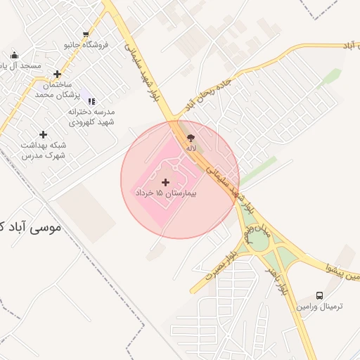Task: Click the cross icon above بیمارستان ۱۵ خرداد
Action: tap(165, 182)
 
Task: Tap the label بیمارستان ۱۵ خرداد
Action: tap(165, 193)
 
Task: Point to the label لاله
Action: tap(191, 148)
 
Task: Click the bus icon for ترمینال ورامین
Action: tap(320, 296)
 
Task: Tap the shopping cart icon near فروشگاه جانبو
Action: tap(86, 34)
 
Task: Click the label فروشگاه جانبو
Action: tap(86, 44)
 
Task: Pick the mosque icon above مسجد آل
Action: tap(15, 56)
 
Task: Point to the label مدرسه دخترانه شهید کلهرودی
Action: tap(91, 117)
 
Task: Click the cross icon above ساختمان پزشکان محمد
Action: tap(57, 74)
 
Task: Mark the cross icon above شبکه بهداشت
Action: tap(44, 134)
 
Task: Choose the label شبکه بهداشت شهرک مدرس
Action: tap(42, 150)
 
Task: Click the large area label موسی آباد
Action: tap(28, 228)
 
